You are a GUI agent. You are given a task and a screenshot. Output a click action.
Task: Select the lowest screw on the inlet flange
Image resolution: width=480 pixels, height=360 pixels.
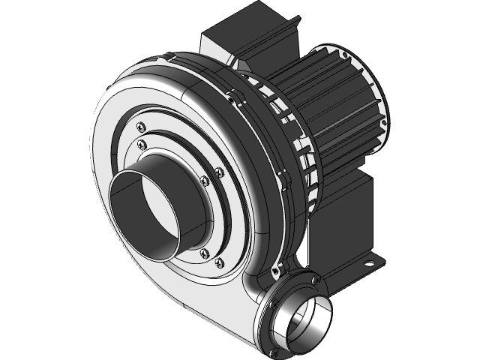pos(220,262)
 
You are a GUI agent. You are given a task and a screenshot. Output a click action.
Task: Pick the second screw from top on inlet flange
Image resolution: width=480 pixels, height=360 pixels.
pos(140,145)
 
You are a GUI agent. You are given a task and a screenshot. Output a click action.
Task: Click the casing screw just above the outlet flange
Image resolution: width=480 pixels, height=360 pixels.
pos(279,268)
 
